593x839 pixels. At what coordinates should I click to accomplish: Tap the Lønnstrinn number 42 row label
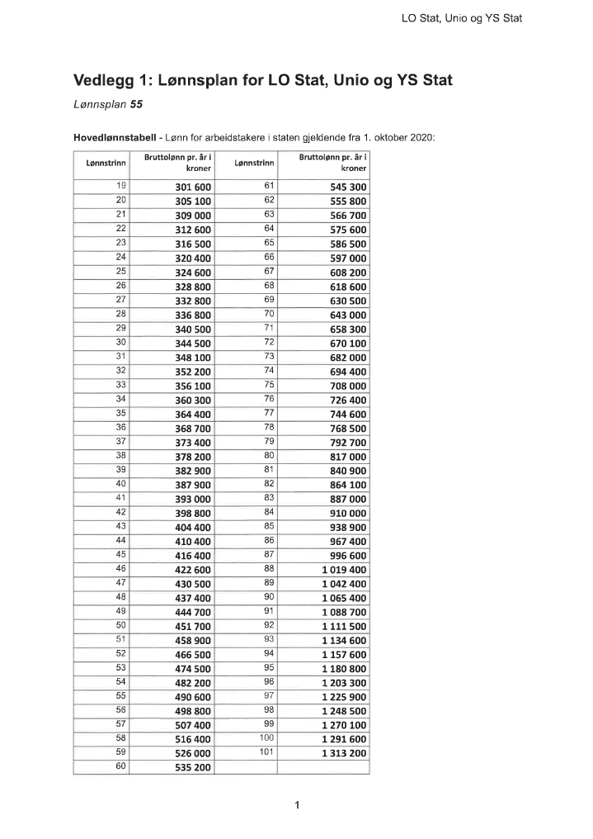[121, 512]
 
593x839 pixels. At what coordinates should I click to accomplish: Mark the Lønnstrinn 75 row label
[269, 384]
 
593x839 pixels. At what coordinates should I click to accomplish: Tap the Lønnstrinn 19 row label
[121, 186]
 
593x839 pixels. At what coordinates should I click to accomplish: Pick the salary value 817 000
[348, 457]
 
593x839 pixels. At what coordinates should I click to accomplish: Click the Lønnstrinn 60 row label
[121, 766]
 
